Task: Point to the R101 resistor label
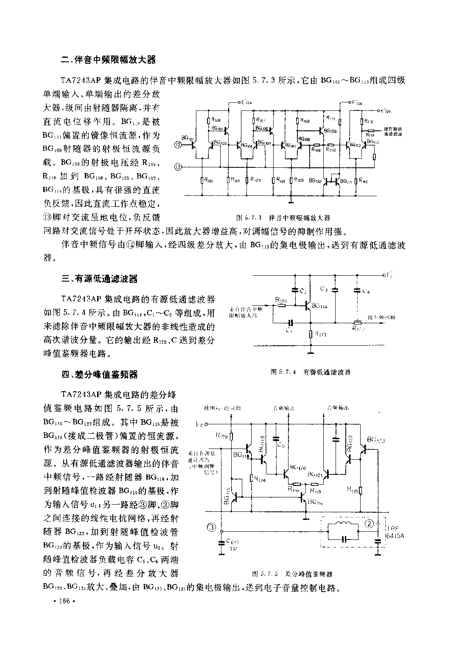(209, 181)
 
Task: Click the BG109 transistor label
(330, 131)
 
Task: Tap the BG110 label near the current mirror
(315, 181)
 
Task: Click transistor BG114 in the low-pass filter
(308, 305)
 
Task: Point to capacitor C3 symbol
(335, 290)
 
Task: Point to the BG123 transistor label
(376, 440)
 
